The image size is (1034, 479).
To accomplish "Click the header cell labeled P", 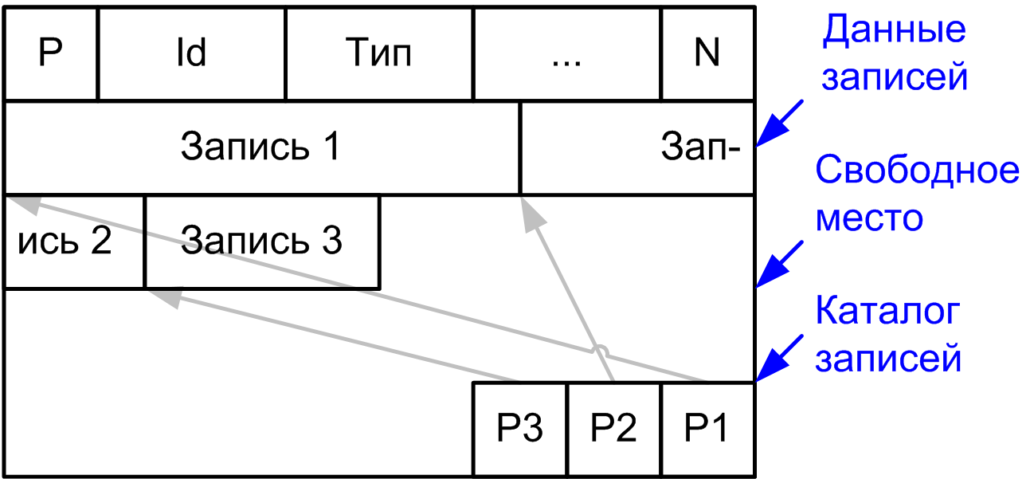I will pos(51,54).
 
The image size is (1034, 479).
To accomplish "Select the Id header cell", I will pos(191,54).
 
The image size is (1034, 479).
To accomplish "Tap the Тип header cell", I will pos(379,54).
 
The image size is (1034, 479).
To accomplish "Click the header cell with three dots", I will pos(567,54).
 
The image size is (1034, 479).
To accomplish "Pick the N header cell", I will pos(707,54).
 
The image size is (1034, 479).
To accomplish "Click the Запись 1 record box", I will pos(261,147).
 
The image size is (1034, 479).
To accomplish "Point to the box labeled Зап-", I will pos(637,147).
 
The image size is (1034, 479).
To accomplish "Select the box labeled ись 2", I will pos(74,241).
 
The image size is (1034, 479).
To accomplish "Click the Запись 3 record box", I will pos(261,241).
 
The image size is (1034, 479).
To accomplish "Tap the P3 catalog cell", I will pos(520,429).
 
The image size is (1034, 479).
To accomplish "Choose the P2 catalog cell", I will pos(614,429).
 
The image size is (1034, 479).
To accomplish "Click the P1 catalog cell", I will pos(707,429).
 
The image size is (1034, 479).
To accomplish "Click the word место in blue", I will pos(870,217).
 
